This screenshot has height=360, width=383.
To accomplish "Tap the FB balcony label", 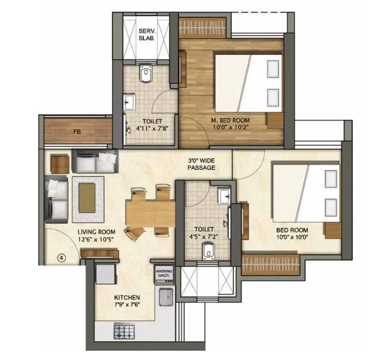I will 77,132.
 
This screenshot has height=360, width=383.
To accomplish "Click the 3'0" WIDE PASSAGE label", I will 201,164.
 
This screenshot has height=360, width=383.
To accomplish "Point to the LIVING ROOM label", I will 96,232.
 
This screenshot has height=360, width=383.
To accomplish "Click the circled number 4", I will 61,258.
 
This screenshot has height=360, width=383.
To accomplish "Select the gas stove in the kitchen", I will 123,330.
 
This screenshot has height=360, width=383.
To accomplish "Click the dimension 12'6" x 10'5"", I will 96,239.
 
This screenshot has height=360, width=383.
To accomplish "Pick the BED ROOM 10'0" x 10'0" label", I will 292,233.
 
